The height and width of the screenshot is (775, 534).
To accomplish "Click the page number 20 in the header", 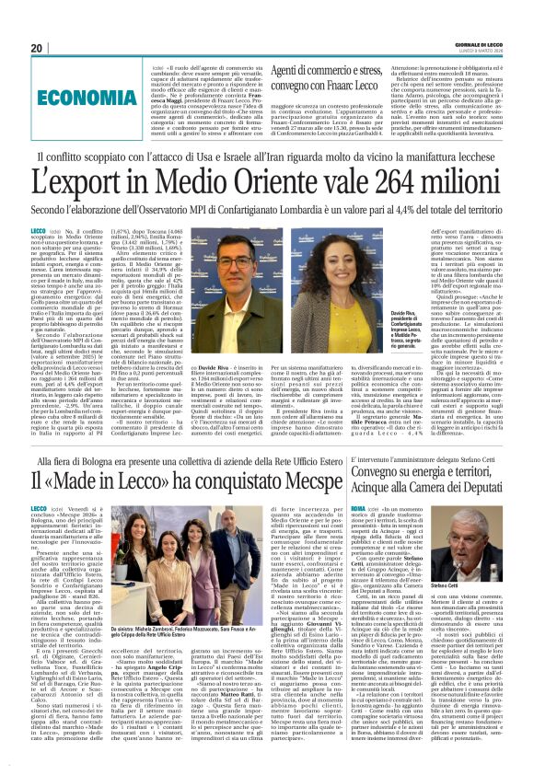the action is (x=37, y=49).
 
